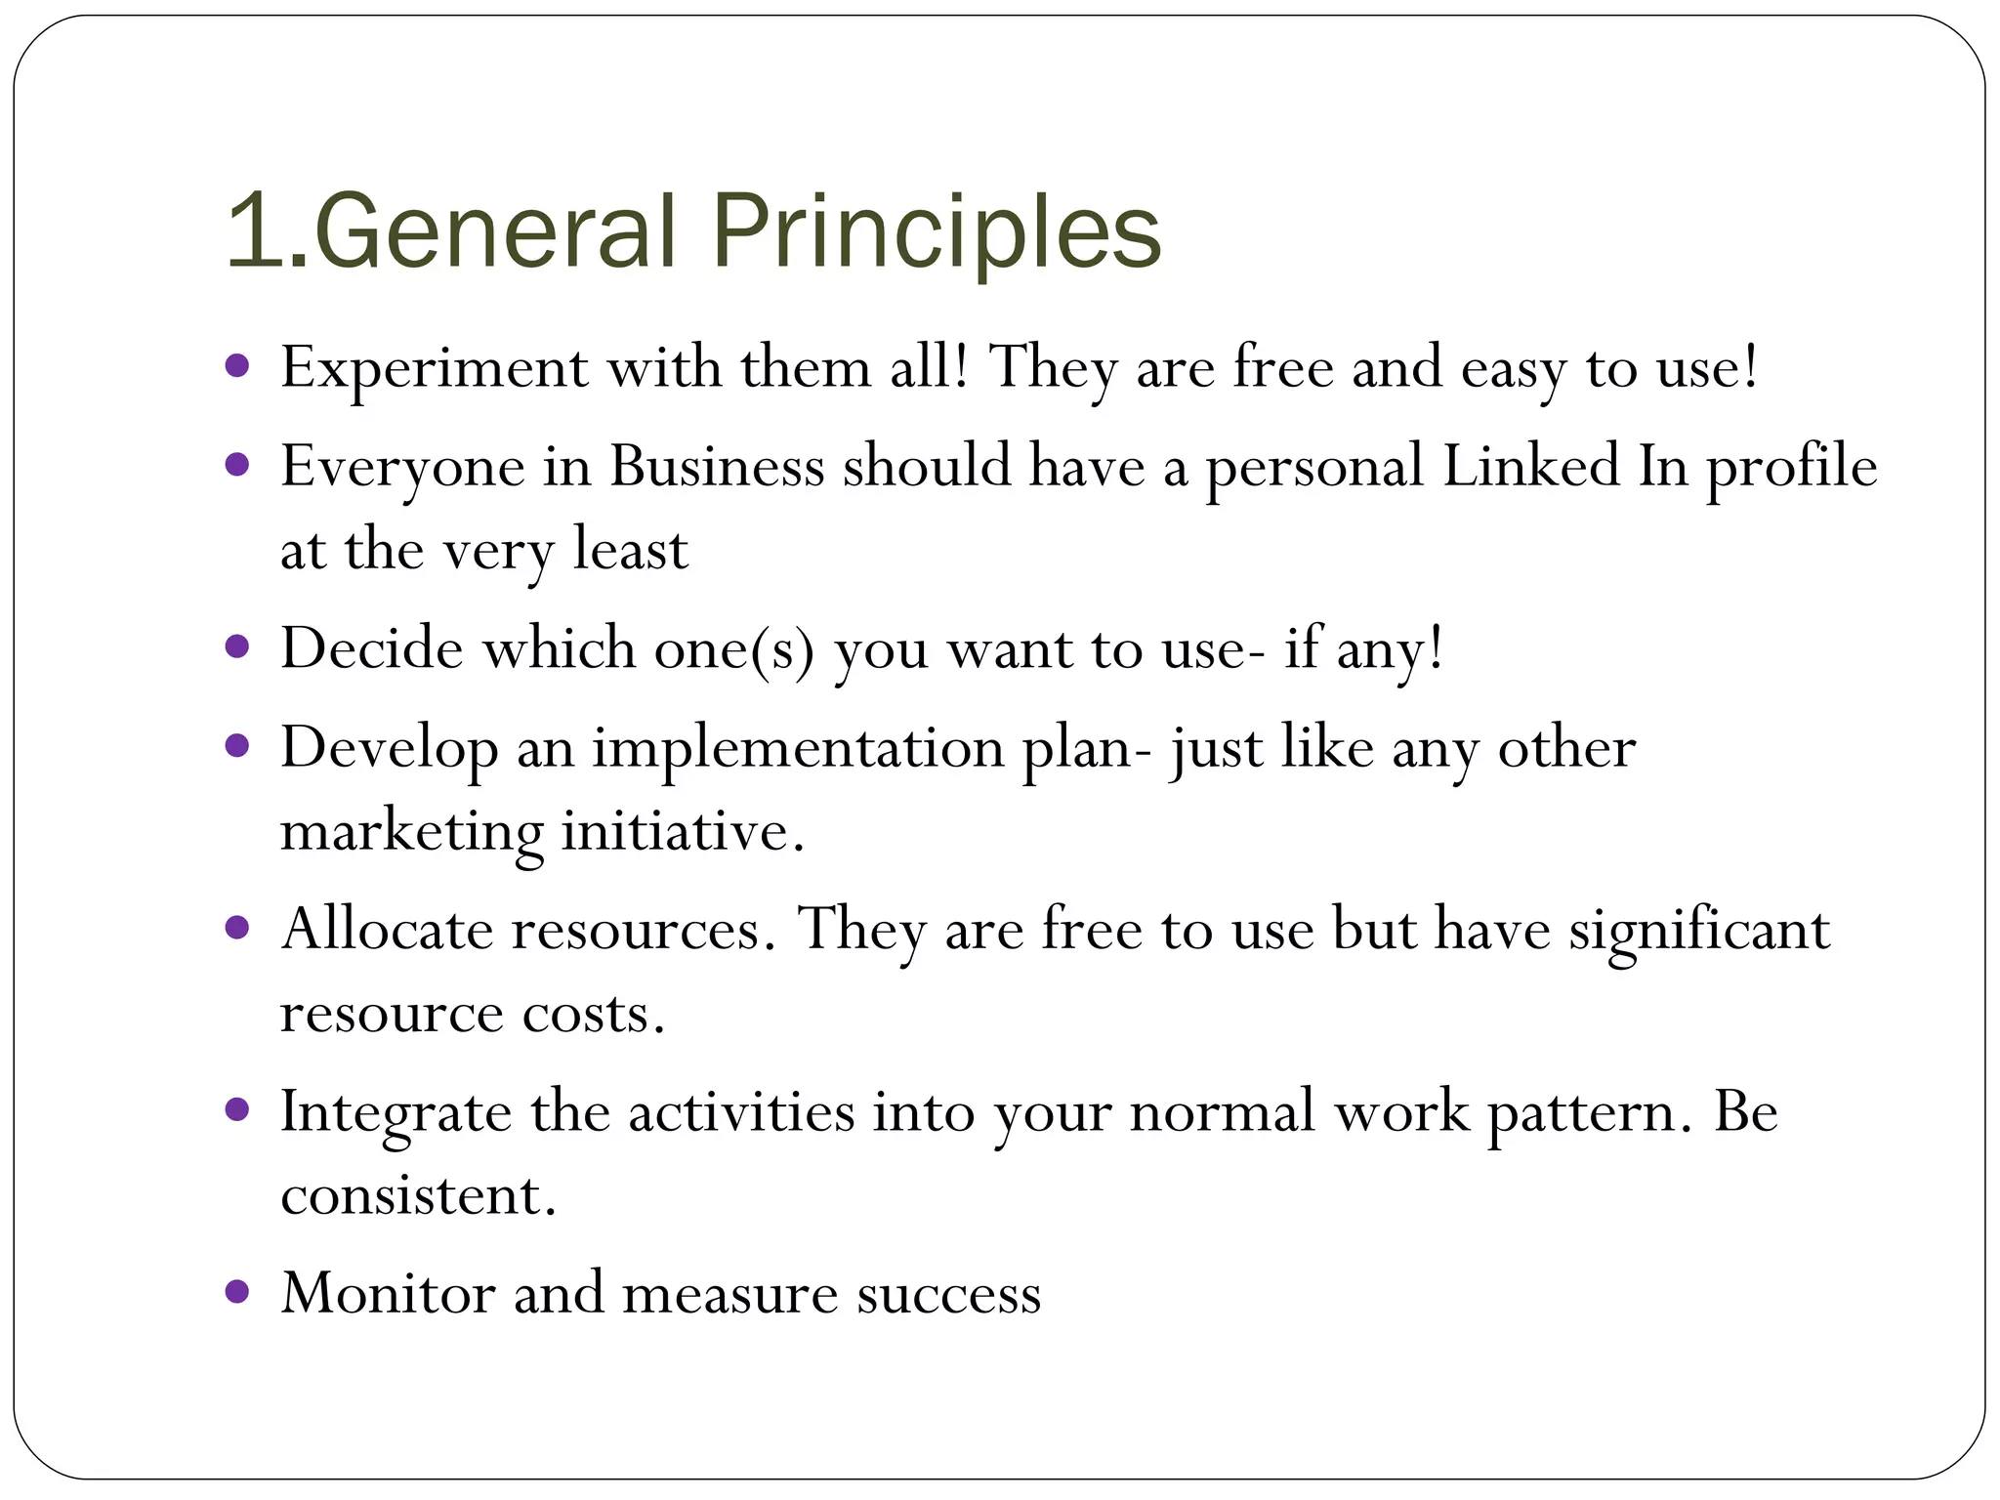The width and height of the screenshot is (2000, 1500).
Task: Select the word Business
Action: tap(717, 466)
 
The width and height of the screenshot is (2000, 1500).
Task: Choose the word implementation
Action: tap(798, 750)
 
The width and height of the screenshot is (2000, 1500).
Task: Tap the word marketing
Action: tap(411, 833)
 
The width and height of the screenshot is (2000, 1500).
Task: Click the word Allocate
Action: tap(387, 929)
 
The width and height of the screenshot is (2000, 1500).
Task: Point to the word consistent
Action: tap(418, 1195)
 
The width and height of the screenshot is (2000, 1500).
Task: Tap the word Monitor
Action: tap(388, 1294)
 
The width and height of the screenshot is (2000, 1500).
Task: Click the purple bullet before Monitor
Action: tap(237, 1292)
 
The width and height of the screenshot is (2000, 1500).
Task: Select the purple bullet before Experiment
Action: tap(237, 367)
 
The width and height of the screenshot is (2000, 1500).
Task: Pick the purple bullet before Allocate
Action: tap(237, 927)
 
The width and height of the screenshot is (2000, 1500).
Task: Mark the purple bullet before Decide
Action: tap(237, 646)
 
